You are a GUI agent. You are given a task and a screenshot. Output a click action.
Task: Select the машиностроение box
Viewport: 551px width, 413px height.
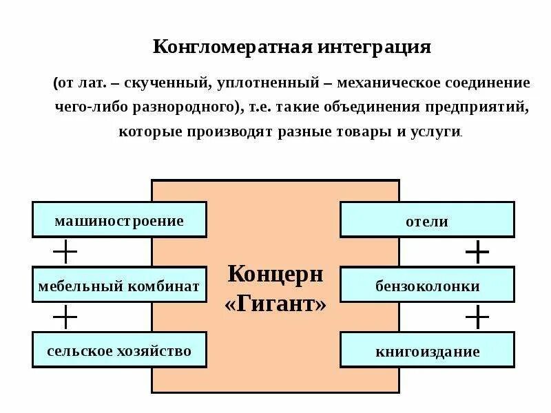[x=119, y=221]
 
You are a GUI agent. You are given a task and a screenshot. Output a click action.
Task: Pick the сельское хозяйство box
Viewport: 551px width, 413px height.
[x=119, y=351]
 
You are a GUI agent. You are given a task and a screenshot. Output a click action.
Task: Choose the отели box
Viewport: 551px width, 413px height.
[x=427, y=221]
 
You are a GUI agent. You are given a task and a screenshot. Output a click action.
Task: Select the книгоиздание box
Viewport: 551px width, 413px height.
[x=427, y=351]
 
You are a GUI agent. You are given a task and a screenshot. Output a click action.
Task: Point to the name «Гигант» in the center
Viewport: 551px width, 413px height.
[x=275, y=304]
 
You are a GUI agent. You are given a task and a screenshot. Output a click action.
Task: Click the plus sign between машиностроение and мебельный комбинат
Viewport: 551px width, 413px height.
[x=65, y=253]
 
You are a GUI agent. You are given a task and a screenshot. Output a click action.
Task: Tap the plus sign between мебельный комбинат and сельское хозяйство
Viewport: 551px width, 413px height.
[x=65, y=318]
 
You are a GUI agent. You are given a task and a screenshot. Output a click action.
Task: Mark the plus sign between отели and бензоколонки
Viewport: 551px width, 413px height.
[x=477, y=253]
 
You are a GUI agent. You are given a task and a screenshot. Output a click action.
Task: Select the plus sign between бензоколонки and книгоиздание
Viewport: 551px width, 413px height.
[x=477, y=318]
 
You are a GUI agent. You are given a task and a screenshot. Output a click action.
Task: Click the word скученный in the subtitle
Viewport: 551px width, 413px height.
[x=171, y=83]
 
